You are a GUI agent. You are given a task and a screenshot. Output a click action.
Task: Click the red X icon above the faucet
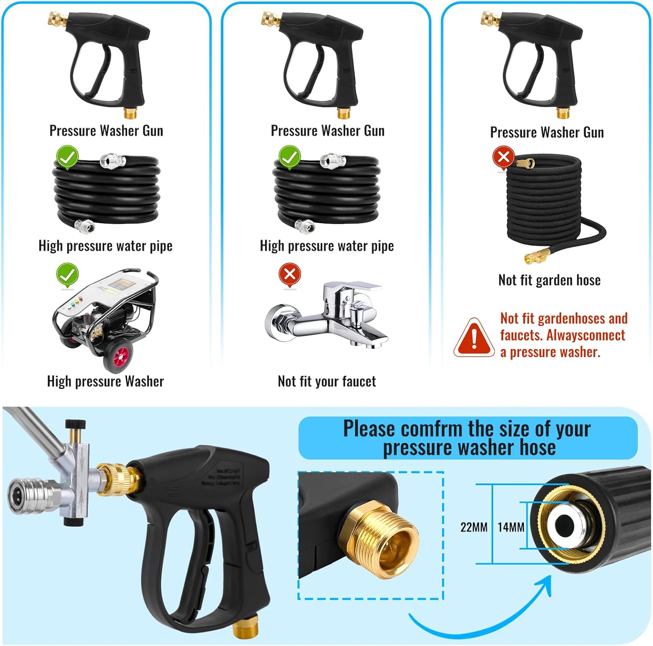289,274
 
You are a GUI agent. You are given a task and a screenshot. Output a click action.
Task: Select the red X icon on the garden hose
504,156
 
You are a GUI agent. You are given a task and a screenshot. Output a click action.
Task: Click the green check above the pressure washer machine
67,274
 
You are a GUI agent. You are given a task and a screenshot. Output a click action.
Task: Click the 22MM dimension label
474,527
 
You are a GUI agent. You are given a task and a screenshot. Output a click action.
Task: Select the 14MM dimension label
511,527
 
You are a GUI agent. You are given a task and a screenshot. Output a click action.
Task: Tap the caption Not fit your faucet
326,381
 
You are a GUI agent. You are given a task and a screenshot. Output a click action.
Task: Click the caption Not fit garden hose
549,280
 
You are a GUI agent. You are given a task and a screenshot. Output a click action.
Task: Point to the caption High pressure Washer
105,381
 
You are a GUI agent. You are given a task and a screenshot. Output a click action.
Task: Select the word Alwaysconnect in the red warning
586,335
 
